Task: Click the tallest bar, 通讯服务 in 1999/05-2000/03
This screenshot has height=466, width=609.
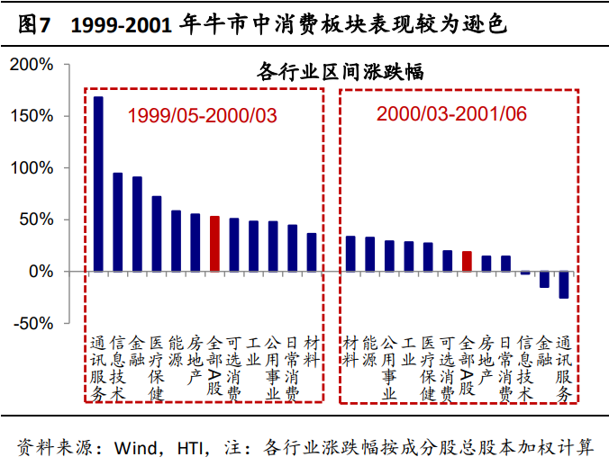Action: tap(98, 184)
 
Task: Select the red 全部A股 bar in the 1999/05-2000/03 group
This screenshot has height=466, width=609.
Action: tap(214, 244)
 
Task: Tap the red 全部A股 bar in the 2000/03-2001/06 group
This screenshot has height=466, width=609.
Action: tap(467, 261)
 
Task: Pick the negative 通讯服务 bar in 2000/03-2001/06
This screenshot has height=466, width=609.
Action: tap(564, 284)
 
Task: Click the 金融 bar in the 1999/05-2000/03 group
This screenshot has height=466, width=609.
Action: tap(137, 224)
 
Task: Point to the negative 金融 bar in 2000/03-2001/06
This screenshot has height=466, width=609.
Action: tap(544, 279)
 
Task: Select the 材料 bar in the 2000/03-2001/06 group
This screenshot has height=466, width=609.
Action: tap(350, 254)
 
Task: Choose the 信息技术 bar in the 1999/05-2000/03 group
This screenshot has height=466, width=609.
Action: tap(117, 222)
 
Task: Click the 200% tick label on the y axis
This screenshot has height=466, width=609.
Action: tap(33, 65)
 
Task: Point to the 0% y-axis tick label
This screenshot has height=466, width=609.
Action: tap(41, 272)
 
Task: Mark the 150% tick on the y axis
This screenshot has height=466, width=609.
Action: tap(33, 116)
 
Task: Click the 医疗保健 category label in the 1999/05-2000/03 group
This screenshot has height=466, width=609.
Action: tap(156, 367)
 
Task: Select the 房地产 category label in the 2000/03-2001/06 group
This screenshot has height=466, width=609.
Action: tap(486, 359)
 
